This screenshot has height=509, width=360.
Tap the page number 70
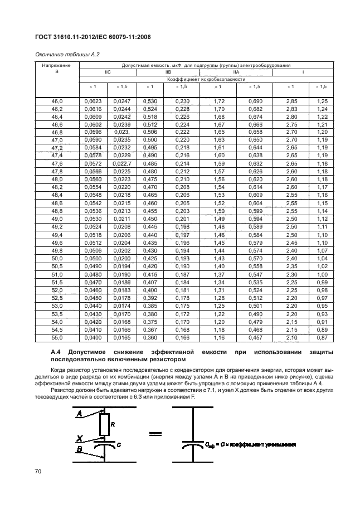pyautogui.click(x=38, y=472)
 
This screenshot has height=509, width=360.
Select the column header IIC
pyautogui.click(x=108, y=72)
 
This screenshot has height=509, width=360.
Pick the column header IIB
pyautogui.click(x=167, y=72)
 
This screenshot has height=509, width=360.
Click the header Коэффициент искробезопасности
pyautogui.click(x=206, y=79)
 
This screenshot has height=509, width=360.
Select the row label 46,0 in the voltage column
pyautogui.click(x=57, y=101)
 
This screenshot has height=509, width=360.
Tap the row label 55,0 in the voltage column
pyautogui.click(x=57, y=338)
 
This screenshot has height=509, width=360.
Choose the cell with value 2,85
pyautogui.click(x=290, y=101)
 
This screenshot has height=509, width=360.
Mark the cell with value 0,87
pyautogui.click(x=322, y=338)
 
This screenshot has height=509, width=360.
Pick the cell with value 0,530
pyautogui.click(x=149, y=101)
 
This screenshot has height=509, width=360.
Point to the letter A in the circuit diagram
pyautogui.click(x=79, y=413)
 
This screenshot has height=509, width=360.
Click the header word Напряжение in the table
pyautogui.click(x=57, y=66)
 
